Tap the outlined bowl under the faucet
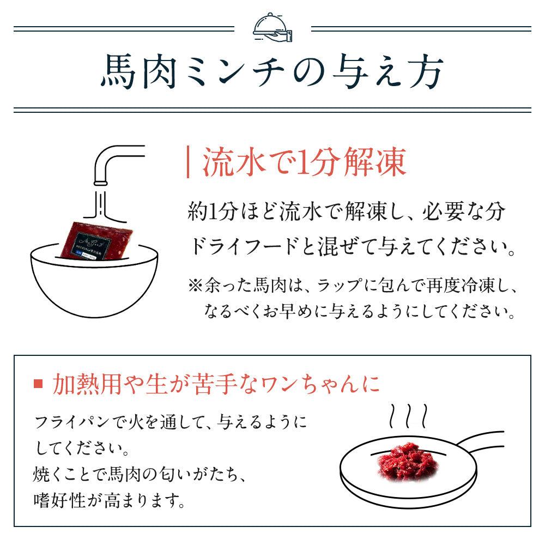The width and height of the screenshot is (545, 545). [x=94, y=283]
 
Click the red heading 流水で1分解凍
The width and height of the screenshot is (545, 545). [x=305, y=163]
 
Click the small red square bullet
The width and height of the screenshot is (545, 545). [x=38, y=384]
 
